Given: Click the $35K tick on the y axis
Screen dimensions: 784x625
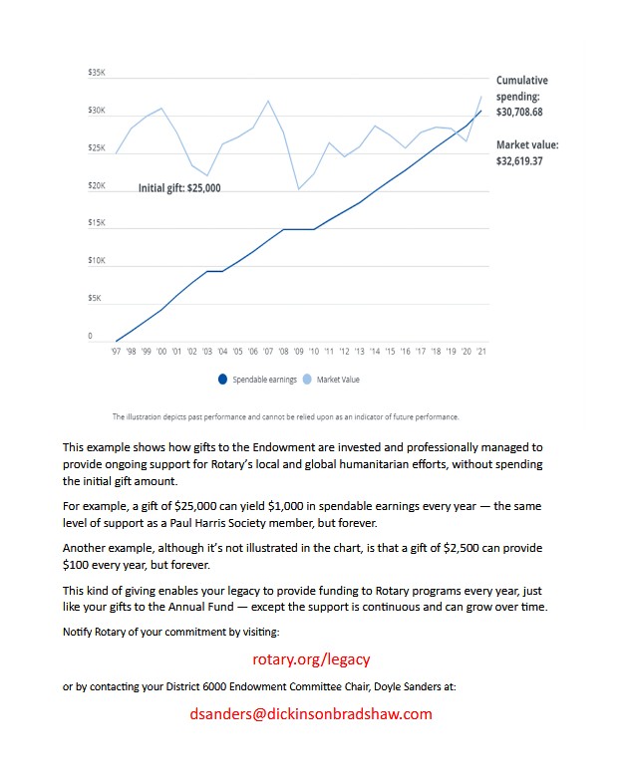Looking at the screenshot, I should pos(97,73).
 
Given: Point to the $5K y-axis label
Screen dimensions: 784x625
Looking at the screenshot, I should pos(95,298).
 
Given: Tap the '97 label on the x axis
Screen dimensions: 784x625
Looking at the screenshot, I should pos(117,352).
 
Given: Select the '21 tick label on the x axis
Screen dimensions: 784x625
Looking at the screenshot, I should pos(482,352).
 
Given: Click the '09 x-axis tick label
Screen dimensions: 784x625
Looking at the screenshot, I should pos(299,352).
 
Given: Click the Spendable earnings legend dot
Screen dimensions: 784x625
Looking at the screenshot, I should pos(222,380).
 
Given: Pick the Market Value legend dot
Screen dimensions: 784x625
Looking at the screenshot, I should pos(307,380).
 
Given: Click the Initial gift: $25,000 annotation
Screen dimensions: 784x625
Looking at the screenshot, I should pos(179,187).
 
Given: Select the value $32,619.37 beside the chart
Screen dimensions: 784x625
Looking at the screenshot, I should pos(519,160).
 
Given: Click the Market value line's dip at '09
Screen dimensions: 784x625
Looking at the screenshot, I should pos(298,189).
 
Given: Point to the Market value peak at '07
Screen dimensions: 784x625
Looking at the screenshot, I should pos(267,101).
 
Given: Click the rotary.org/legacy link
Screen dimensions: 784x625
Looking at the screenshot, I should pos(312,659).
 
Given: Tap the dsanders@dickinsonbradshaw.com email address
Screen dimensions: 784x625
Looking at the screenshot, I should pos(311,713).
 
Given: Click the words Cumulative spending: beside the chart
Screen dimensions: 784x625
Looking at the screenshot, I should pos(521,89).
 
